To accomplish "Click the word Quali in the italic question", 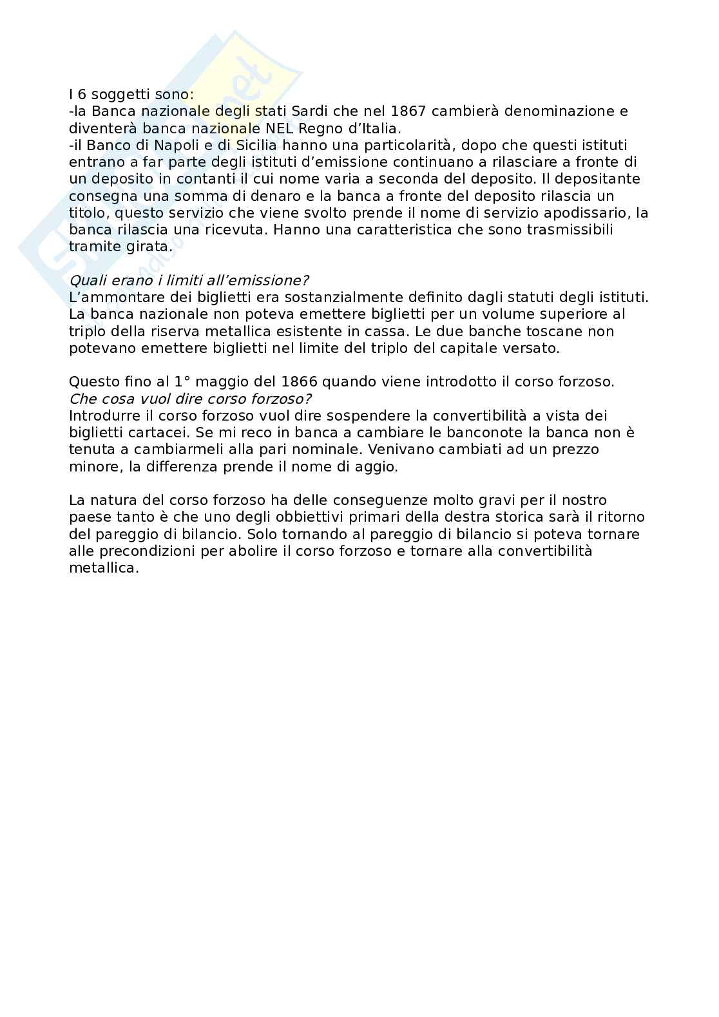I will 86,281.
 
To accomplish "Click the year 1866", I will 299,382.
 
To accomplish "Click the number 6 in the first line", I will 82,95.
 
